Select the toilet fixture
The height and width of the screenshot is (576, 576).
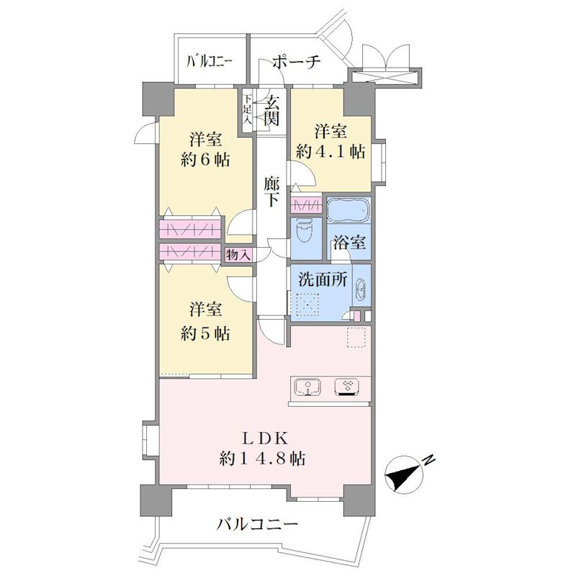pos(305,232)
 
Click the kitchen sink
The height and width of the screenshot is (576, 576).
pos(308,387)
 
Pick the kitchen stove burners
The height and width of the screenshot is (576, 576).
pos(347,387)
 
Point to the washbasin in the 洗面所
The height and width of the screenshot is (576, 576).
pos(361,289)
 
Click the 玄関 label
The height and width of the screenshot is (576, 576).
pos(272,110)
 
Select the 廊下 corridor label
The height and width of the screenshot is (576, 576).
pos(271,192)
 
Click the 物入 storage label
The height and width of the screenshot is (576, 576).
pos(238,255)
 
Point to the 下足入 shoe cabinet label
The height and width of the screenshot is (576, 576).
pos(248,109)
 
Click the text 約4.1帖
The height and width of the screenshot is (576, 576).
pos(330,152)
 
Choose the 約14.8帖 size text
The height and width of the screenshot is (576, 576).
pos(262,459)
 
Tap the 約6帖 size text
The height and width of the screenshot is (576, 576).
pos(205,160)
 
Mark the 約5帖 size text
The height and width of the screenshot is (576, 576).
pos(205,334)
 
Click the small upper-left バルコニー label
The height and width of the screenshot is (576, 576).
pos(210,61)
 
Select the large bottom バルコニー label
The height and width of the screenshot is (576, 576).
pos(256,524)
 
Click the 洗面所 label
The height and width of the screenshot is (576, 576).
pos(322,279)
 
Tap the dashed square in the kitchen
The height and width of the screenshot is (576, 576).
pos(356,337)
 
